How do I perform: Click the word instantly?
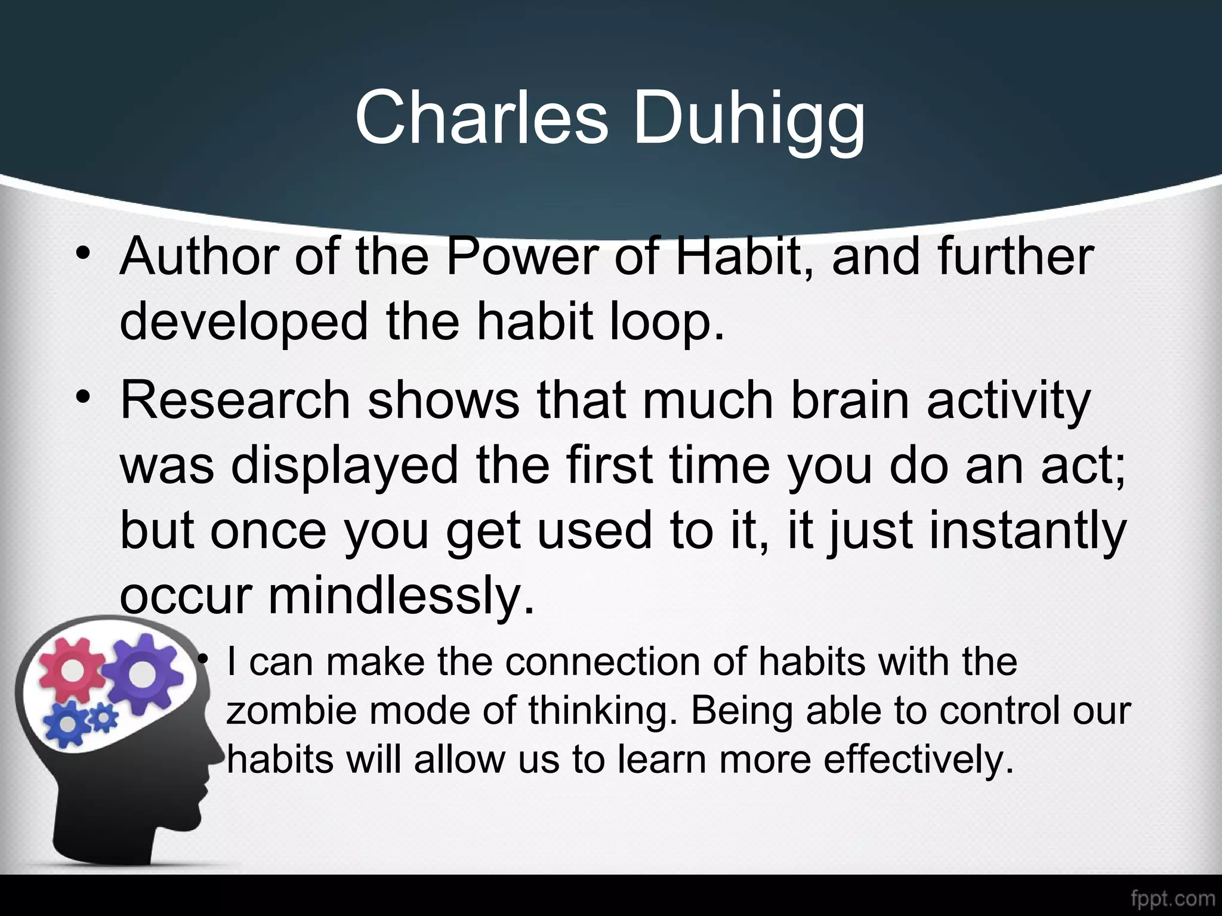[x=1027, y=531]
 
